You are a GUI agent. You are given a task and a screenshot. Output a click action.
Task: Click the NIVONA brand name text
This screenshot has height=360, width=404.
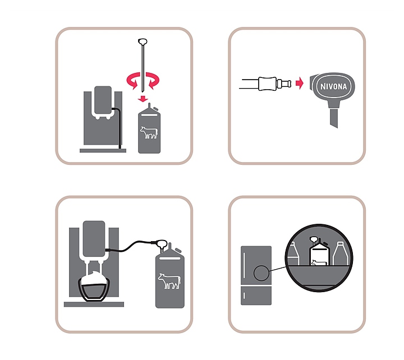(333, 86)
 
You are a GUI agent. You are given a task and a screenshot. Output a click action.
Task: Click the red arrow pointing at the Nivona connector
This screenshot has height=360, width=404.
(300, 83)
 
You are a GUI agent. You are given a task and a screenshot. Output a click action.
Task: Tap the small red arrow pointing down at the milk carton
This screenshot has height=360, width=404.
(143, 99)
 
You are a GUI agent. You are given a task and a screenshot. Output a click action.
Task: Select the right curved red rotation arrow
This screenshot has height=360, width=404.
(153, 81)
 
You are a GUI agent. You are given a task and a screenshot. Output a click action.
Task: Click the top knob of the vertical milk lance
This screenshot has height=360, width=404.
(143, 41)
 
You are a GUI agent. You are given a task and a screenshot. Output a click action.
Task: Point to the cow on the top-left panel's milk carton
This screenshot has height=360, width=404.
(149, 132)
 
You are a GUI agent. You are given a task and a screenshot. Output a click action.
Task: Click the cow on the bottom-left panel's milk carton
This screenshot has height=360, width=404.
(169, 281)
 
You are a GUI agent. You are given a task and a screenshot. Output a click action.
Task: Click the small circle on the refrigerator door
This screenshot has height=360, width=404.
(261, 273)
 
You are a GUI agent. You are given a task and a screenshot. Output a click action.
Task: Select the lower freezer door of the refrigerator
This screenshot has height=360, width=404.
(256, 296)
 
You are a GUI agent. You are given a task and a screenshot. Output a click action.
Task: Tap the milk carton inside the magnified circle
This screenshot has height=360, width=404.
(319, 253)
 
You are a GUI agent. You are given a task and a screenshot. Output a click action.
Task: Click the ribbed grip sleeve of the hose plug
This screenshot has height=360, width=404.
(268, 84)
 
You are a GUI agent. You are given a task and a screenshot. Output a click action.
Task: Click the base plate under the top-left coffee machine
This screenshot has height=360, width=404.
(103, 151)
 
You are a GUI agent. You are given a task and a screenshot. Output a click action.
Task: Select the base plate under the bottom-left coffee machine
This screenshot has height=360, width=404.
(94, 304)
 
